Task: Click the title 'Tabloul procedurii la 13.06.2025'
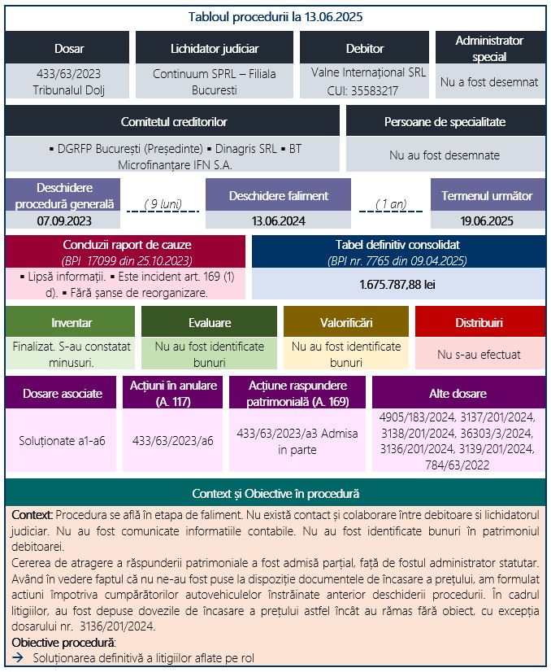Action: click(x=275, y=16)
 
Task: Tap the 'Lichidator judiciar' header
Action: click(x=215, y=49)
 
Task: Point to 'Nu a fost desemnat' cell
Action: click(x=489, y=81)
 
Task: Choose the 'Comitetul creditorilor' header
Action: click(x=173, y=121)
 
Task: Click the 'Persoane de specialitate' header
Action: click(x=445, y=121)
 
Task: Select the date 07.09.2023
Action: click(x=63, y=220)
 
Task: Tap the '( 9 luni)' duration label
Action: click(x=162, y=203)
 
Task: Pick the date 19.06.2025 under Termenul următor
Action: click(x=488, y=220)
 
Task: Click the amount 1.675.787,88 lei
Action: click(x=398, y=285)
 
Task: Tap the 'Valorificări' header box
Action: click(x=345, y=322)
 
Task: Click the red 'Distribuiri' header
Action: click(x=479, y=322)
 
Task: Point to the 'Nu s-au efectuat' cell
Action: click(x=479, y=355)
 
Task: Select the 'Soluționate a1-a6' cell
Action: click(x=62, y=440)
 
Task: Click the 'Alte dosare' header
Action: click(x=458, y=393)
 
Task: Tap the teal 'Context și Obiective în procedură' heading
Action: click(x=275, y=494)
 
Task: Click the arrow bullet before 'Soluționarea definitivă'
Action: click(x=18, y=658)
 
